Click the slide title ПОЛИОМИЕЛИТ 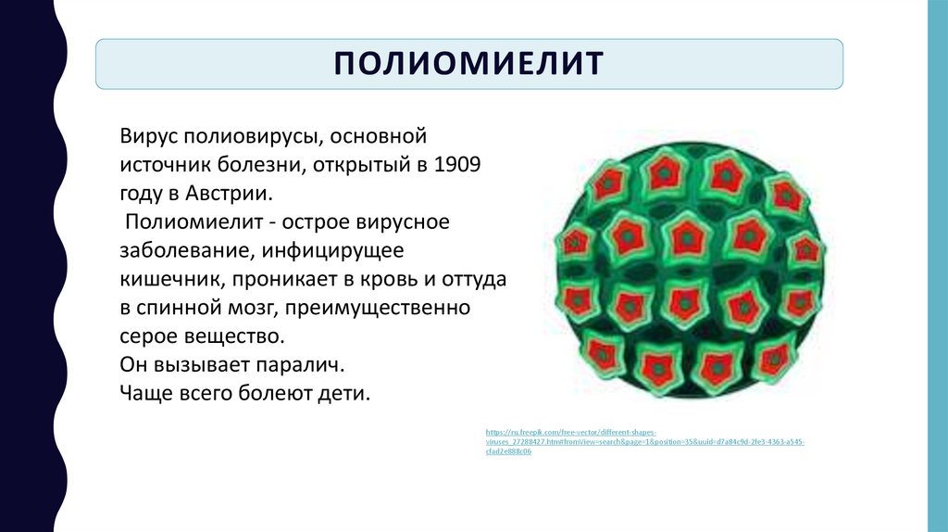tap(468, 64)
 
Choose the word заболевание tap(185, 250)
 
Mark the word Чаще tap(143, 392)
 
